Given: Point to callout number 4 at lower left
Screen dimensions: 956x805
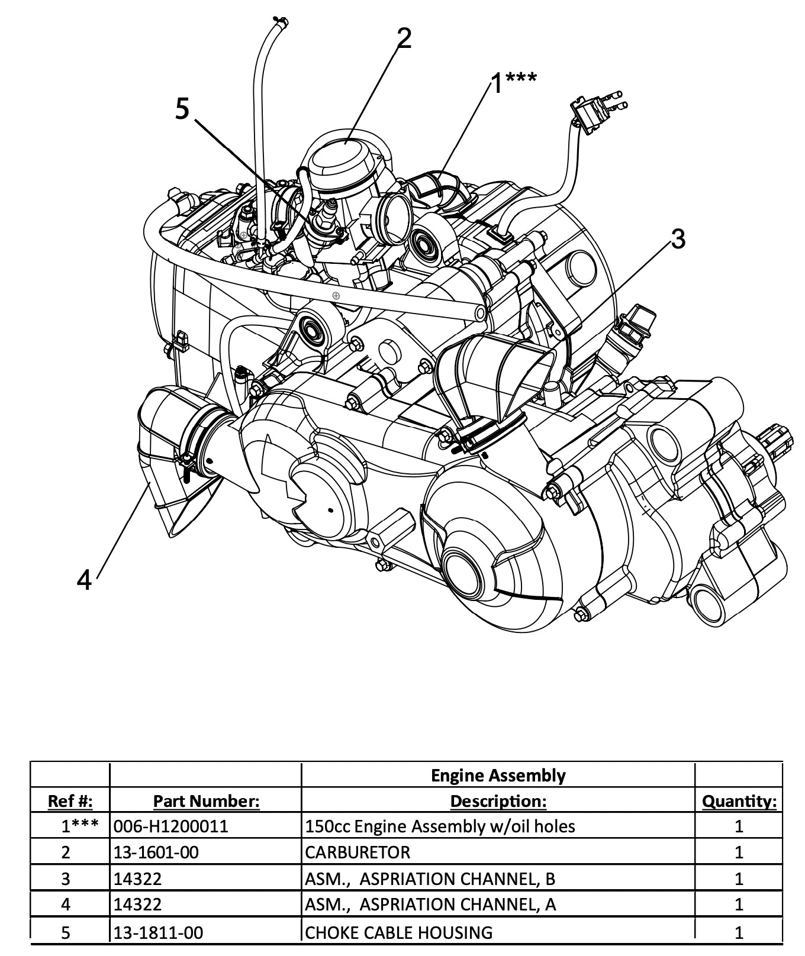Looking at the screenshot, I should pyautogui.click(x=85, y=579).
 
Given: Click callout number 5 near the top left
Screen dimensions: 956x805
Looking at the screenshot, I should pyautogui.click(x=183, y=109).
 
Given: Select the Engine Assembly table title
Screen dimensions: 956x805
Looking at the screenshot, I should pyautogui.click(x=498, y=775).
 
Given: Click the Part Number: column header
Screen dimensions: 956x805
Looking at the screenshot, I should pyautogui.click(x=206, y=801).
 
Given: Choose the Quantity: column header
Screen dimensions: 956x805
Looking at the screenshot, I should pyautogui.click(x=739, y=801).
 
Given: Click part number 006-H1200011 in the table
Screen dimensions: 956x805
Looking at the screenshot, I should pyautogui.click(x=170, y=826).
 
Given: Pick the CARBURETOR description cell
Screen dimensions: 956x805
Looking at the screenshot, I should pyautogui.click(x=358, y=852).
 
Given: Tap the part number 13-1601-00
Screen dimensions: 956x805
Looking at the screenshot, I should pyautogui.click(x=156, y=852).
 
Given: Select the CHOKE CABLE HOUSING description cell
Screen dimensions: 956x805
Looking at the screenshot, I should pyautogui.click(x=398, y=932).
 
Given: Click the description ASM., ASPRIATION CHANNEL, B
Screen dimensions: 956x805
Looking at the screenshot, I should pyautogui.click(x=430, y=879).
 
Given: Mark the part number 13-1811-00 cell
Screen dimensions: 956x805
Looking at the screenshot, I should pyautogui.click(x=158, y=932).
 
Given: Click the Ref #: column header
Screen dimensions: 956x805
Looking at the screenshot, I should pyautogui.click(x=70, y=801).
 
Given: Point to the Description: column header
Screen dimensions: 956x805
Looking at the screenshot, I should pyautogui.click(x=498, y=801).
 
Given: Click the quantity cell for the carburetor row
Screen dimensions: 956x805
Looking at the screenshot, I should pyautogui.click(x=739, y=852).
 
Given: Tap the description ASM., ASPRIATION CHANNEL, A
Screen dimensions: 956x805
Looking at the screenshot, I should pyautogui.click(x=430, y=904).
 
